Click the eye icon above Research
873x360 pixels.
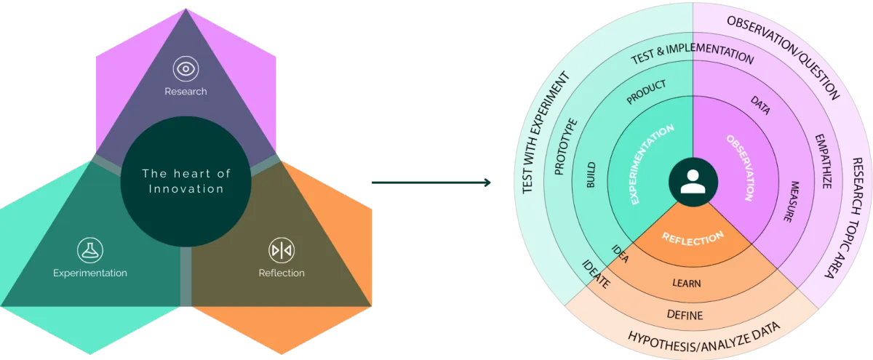point(186,69)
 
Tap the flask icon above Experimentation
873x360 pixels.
point(90,250)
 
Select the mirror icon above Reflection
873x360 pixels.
point(281,250)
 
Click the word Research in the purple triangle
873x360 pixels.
point(186,92)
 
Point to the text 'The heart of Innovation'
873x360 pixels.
point(186,181)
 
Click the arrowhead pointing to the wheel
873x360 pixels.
point(490,183)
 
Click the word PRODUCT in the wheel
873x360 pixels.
point(646,92)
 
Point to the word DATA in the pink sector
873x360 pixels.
point(760,107)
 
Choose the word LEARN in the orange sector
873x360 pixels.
point(686,283)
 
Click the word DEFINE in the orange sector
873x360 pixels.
point(685,315)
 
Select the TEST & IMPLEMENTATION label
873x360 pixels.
point(692,55)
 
